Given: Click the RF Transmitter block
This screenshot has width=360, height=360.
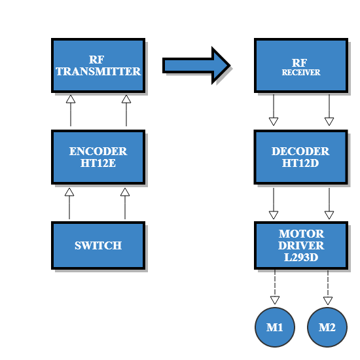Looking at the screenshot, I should coord(98,65).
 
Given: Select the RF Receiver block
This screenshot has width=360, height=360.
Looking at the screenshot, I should coord(301,65).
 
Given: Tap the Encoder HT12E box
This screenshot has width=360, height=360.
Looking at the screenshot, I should coord(98,157).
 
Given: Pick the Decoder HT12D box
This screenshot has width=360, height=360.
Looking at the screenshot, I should coord(301,157).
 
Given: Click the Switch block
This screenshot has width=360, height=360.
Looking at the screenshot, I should coord(98,245).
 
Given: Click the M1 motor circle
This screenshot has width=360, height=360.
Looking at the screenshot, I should coord(275,325).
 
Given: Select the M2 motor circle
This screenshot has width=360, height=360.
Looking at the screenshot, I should coord(327,325).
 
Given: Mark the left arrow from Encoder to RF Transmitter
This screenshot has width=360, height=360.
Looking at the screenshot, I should coord(71,111).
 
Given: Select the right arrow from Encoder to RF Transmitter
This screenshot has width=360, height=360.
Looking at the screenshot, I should coord(126,111).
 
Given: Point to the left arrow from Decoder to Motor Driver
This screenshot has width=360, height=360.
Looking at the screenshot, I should coord(274,204).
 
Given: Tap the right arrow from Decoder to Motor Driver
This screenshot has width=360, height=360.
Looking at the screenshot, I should coord(329,204).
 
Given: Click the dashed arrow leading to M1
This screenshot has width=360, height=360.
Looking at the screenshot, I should coord(274,287).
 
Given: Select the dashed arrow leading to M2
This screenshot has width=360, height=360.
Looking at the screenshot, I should coord(329,287).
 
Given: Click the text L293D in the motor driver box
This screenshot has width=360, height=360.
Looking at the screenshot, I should coord(301,257).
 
